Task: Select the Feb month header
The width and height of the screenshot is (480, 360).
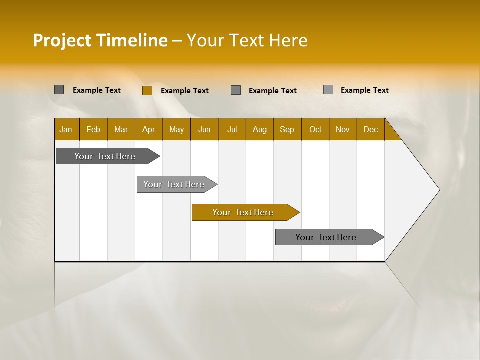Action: click(x=93, y=129)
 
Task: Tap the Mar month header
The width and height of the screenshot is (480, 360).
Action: click(x=121, y=129)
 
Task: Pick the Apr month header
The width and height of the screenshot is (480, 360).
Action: click(x=149, y=129)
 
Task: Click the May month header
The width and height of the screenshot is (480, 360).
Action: click(x=176, y=129)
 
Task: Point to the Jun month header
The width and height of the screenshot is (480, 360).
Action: click(x=204, y=129)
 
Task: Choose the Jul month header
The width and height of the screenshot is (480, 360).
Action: click(x=232, y=129)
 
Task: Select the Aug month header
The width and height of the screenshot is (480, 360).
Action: click(x=260, y=129)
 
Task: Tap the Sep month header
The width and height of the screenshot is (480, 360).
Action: click(x=287, y=129)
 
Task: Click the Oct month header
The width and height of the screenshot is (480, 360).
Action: click(x=315, y=129)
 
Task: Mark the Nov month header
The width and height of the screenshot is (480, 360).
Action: click(x=343, y=129)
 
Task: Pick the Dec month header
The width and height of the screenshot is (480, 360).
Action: click(x=371, y=129)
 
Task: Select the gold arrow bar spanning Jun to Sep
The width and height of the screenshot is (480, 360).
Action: click(x=243, y=212)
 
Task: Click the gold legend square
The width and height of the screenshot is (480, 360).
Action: click(x=147, y=90)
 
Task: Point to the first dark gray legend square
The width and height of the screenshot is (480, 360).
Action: click(x=59, y=90)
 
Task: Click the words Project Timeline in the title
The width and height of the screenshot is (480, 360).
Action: click(x=100, y=40)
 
